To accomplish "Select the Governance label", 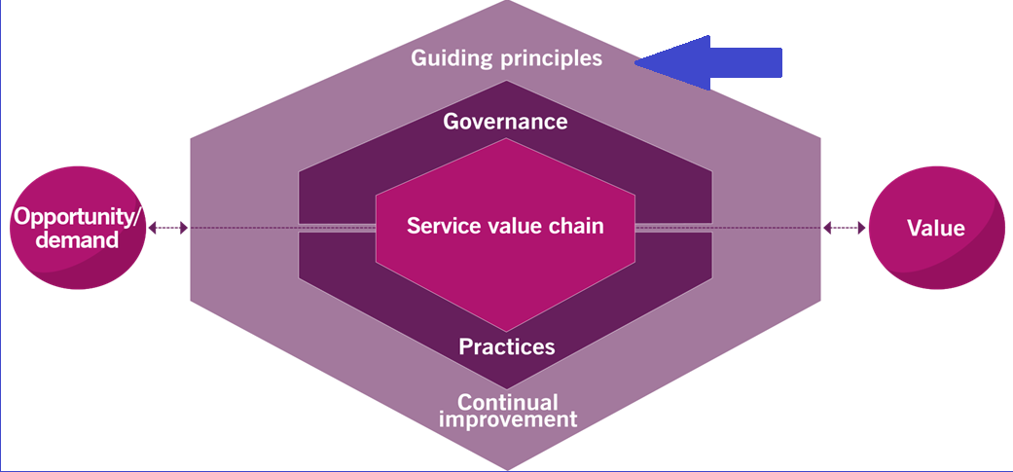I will [x=505, y=122].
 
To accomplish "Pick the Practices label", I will [x=506, y=346].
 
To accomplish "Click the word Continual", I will [x=507, y=402].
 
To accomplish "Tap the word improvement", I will [x=507, y=420].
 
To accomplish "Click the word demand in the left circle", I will [x=77, y=239].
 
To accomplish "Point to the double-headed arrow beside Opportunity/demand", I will [x=167, y=228].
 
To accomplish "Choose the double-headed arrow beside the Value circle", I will [x=844, y=228].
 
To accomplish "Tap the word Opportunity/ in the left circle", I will [x=78, y=218].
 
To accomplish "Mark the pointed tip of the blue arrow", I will [x=638, y=63].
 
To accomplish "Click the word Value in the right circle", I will [x=935, y=229].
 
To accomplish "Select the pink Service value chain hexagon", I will [x=505, y=263].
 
